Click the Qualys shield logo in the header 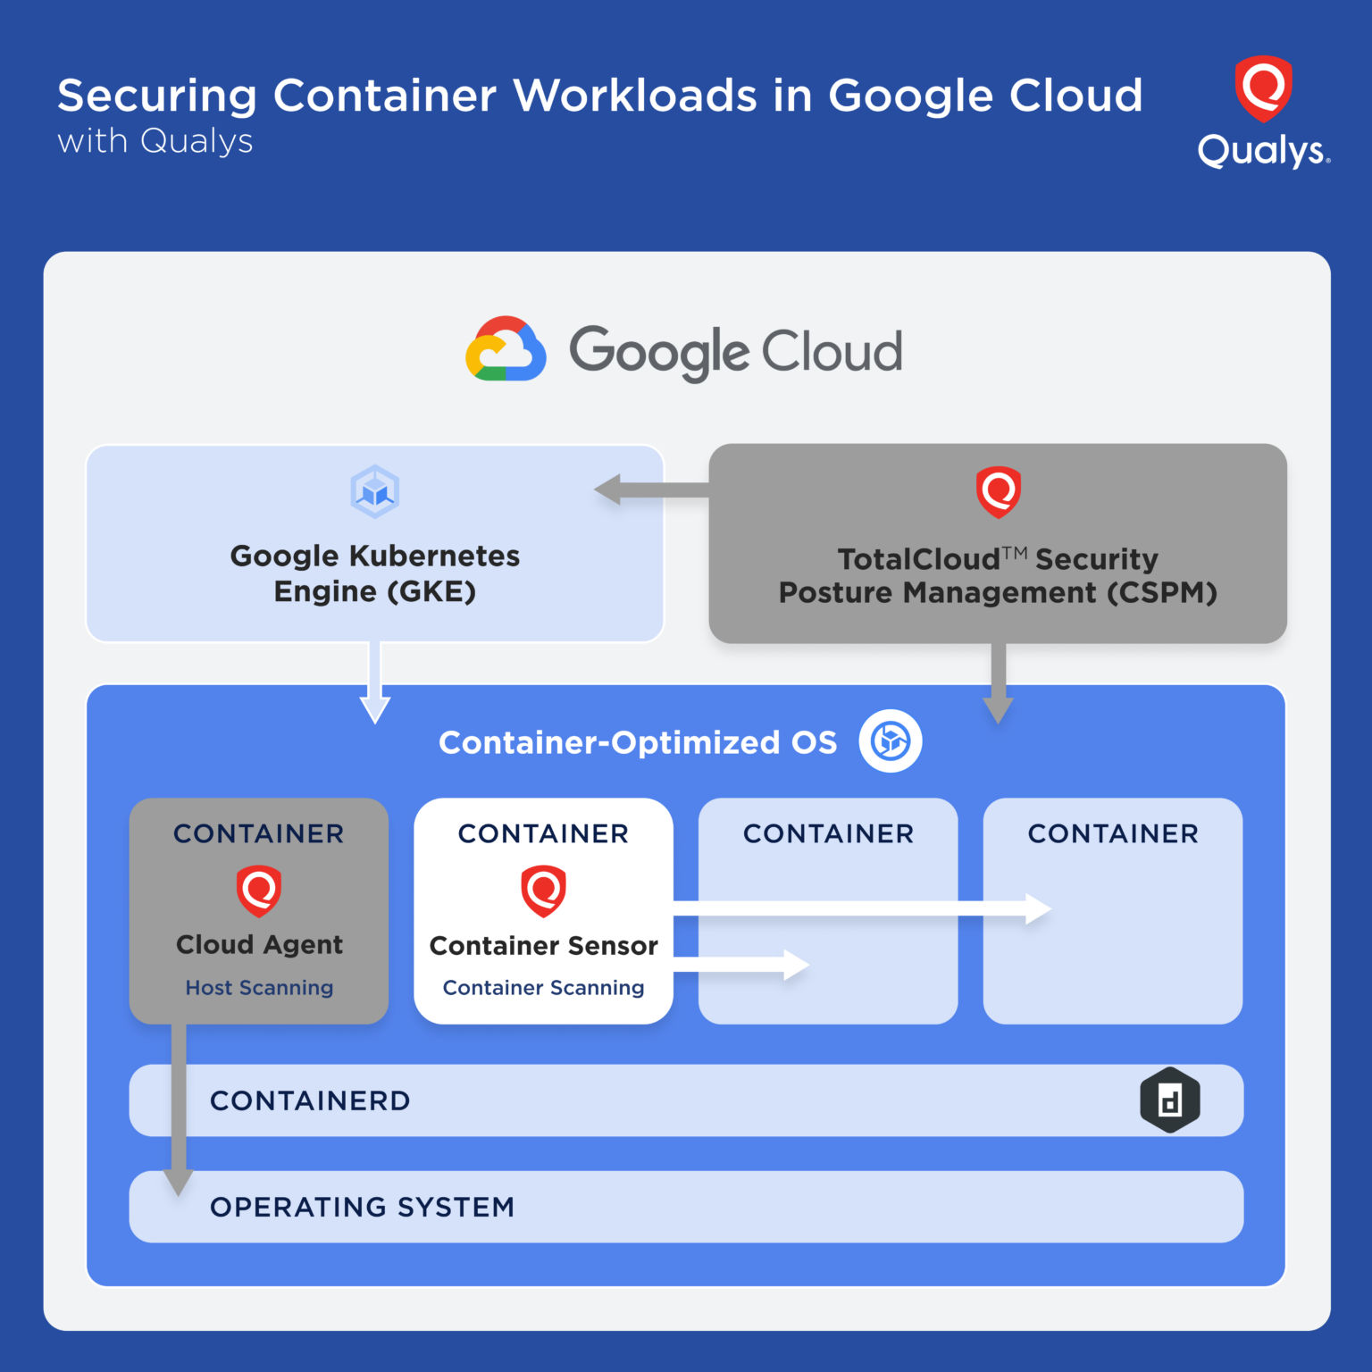[1263, 88]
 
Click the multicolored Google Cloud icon [506, 349]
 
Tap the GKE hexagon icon [374, 491]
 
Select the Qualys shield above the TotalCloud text [998, 491]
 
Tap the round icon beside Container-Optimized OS [891, 741]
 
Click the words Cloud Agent [259, 944]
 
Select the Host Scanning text [259, 988]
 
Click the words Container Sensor [543, 945]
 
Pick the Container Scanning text [543, 988]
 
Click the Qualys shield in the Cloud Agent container [259, 891]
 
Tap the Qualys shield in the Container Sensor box [543, 891]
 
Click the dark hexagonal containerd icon [1169, 1100]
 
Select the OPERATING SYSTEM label [362, 1207]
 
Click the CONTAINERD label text [310, 1100]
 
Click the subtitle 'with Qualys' [155, 141]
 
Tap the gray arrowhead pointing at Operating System [179, 1181]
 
